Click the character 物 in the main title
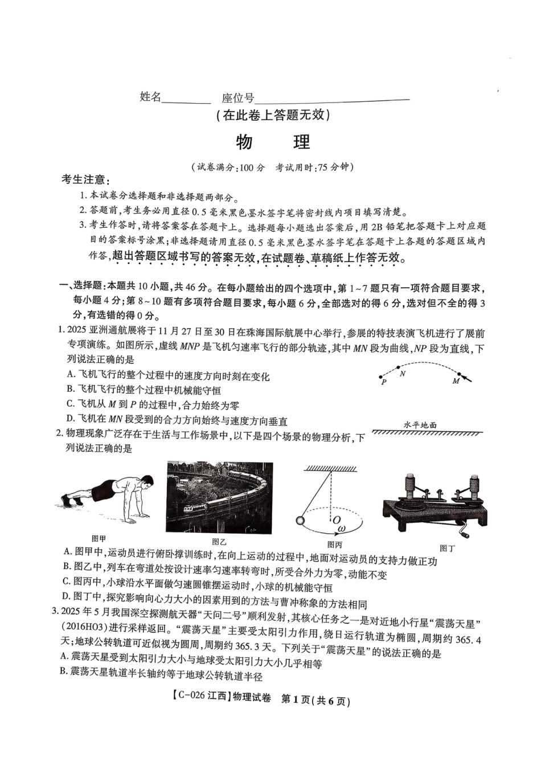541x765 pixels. (x=244, y=142)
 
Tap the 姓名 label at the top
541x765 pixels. (x=150, y=97)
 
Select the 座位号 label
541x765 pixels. (x=237, y=98)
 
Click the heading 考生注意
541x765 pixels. (x=83, y=180)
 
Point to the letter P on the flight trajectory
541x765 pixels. (x=384, y=382)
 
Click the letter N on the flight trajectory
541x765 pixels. (x=403, y=374)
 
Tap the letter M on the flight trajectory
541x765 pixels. (x=456, y=381)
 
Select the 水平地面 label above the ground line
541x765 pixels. (x=420, y=424)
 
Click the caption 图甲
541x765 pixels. (x=99, y=538)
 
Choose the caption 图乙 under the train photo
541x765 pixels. (x=219, y=542)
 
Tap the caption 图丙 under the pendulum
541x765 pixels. (x=334, y=545)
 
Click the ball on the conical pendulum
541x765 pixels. (x=300, y=520)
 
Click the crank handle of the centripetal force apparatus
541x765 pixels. (x=466, y=533)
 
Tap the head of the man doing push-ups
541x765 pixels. (x=146, y=482)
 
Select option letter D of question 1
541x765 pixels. (x=71, y=421)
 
